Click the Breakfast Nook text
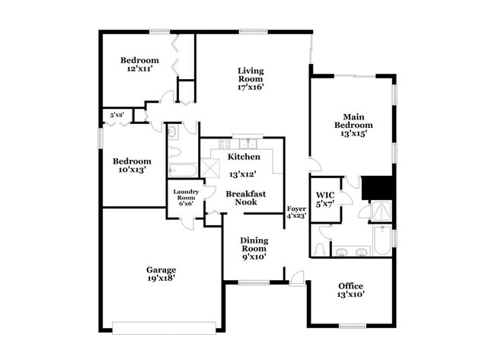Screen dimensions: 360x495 pyautogui.click(x=246, y=199)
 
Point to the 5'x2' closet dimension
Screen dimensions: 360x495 pyautogui.click(x=117, y=116)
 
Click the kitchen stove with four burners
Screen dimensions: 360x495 pyautogui.click(x=225, y=144)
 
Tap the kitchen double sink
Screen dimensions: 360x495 pyautogui.click(x=247, y=143)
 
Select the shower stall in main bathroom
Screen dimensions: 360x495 pyautogui.click(x=380, y=211)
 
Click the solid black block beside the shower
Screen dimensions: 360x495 pyautogui.click(x=376, y=187)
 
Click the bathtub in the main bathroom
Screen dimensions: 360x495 pyautogui.click(x=382, y=241)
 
